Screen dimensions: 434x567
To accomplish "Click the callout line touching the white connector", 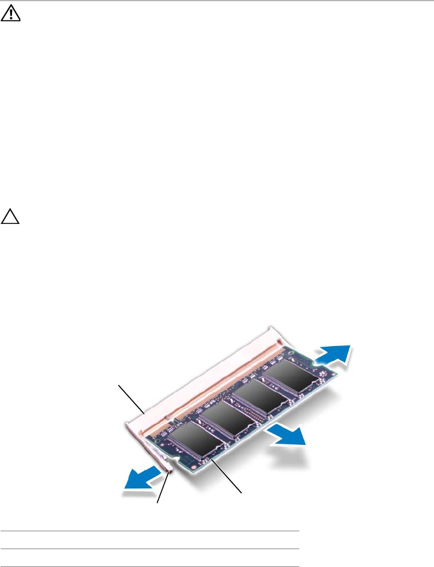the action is point(131,398).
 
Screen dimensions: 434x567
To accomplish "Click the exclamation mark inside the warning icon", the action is point(10,17).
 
